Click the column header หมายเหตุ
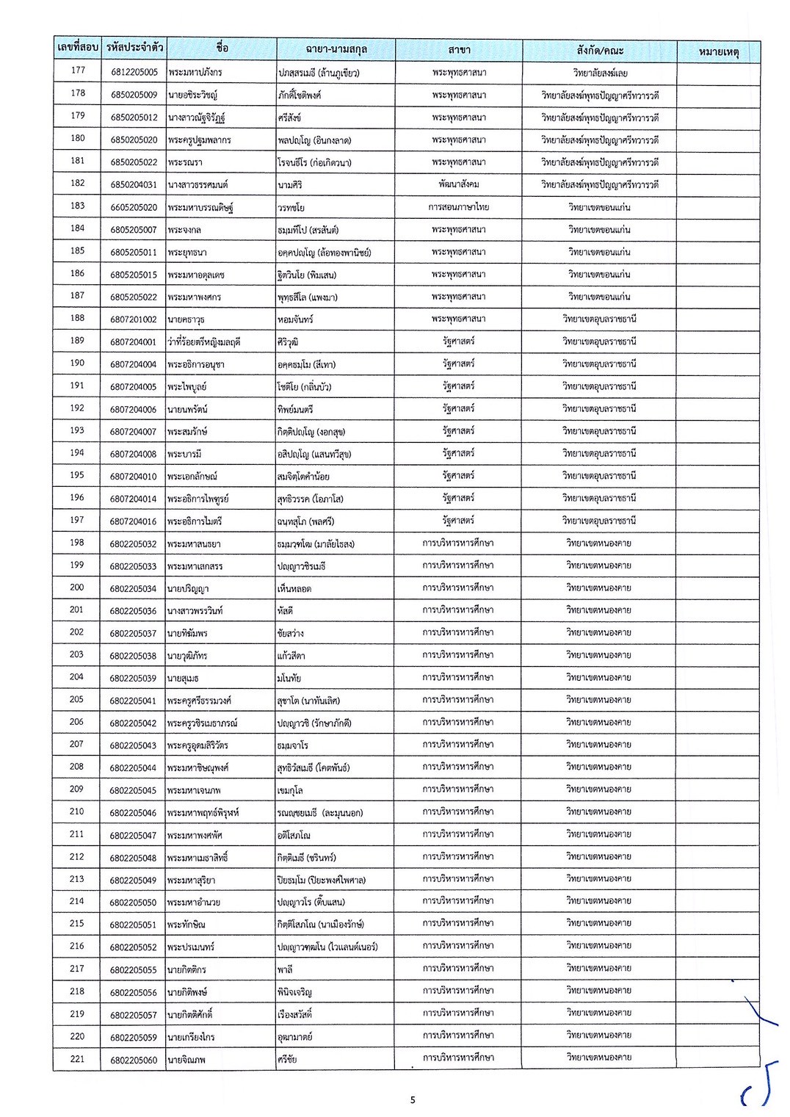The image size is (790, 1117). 718,51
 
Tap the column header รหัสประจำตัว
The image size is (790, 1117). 134,48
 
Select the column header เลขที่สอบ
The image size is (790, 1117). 77,48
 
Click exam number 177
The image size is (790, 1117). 78,71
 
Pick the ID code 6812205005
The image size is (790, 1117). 134,72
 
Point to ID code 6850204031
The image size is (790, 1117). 134,184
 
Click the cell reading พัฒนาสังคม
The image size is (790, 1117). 459,184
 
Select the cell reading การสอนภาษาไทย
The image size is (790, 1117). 459,206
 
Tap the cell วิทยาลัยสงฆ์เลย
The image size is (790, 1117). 600,73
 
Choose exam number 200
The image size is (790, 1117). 77,588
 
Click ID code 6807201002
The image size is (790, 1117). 134,319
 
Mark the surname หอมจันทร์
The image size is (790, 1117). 295,319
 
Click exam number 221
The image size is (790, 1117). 77,1059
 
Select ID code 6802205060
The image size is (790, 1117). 134,1060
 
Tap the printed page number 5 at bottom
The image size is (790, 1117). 413,1099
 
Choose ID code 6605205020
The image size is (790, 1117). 134,207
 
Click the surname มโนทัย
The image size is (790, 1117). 289,678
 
